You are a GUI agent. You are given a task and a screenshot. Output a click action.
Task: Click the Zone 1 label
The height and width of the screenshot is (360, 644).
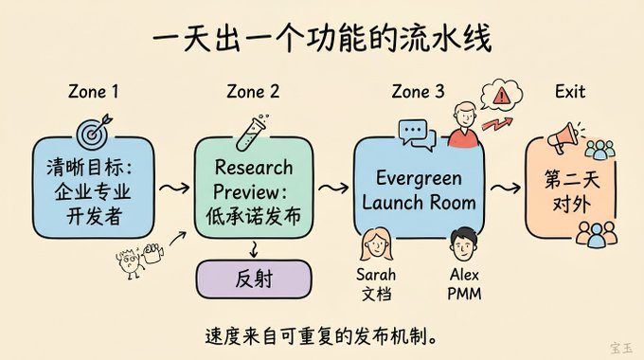tap(93, 91)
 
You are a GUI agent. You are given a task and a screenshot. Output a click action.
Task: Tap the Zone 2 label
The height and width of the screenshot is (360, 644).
tap(253, 91)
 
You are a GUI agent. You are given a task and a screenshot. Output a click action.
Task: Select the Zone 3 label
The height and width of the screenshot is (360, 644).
tap(418, 91)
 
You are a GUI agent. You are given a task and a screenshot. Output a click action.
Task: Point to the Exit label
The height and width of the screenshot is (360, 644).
tap(570, 91)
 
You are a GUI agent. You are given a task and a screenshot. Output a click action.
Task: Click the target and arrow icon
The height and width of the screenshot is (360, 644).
tap(94, 132)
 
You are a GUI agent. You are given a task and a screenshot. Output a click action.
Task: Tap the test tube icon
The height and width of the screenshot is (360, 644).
tap(251, 133)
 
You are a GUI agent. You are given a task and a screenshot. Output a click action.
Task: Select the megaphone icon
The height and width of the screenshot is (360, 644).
tap(564, 137)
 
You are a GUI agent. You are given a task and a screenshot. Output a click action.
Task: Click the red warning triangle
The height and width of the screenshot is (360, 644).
tap(501, 97)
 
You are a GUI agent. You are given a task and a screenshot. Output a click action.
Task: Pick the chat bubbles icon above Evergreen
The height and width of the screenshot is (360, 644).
tap(417, 134)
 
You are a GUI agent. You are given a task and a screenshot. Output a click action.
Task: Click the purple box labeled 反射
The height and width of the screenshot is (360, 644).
tap(254, 279)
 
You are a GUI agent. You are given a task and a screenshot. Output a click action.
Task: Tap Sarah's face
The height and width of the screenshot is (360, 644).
tap(376, 244)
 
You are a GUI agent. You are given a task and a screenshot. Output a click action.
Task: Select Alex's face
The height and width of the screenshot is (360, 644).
tap(464, 244)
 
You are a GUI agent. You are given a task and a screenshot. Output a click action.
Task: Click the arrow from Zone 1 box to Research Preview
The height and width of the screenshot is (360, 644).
tap(174, 189)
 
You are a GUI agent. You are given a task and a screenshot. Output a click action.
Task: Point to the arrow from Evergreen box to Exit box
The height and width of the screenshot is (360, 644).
tap(506, 189)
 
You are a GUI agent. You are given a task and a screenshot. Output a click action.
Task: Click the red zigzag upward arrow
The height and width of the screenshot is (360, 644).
tap(497, 123)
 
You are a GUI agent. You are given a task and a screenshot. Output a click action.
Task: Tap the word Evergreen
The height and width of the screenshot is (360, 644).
tap(419, 179)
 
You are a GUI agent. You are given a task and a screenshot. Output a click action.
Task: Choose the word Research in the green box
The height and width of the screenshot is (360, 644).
tap(254, 168)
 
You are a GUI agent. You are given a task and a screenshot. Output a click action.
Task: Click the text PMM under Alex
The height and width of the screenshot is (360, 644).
tap(464, 294)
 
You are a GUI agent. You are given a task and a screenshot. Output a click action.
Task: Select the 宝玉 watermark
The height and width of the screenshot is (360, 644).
tap(621, 348)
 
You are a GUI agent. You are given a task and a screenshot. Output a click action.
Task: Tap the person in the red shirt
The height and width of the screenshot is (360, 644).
tap(464, 124)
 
